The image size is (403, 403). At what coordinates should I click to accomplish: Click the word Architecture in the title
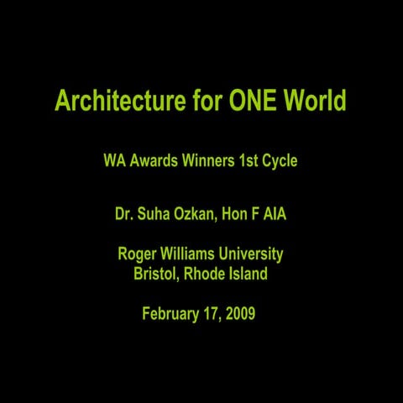pos(117,102)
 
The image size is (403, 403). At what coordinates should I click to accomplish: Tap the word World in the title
pos(315,101)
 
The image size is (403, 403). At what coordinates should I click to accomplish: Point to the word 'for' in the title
pos(203,101)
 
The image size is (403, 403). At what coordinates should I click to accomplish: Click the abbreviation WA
pos(113,160)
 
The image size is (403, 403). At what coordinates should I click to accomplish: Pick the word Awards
pos(152,160)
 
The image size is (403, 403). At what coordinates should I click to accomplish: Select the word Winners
pos(207,160)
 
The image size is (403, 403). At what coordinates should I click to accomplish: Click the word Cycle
pos(280,160)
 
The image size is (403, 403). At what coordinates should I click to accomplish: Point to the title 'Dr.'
pos(123,214)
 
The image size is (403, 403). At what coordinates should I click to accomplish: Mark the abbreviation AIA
pos(275,214)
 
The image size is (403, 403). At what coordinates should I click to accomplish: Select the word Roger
pos(137,254)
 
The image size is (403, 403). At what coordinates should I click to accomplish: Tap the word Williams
pos(189,254)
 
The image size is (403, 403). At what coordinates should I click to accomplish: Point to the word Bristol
pos(155,273)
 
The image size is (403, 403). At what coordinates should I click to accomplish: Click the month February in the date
pos(170,315)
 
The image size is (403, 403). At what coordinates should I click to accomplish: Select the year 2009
pos(238,315)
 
